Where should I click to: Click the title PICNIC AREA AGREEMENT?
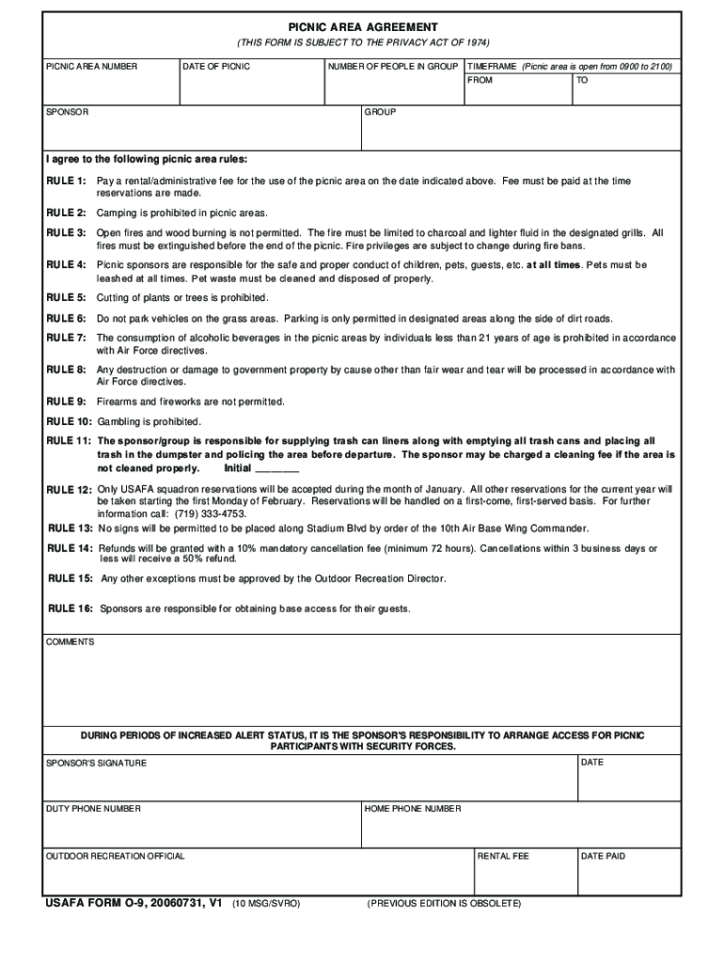point(362,27)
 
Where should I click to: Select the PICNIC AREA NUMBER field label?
point(92,67)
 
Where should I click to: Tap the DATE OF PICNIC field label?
point(216,67)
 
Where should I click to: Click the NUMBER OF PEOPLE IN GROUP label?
point(393,67)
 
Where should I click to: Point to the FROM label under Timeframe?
point(480,81)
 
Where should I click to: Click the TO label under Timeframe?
point(582,81)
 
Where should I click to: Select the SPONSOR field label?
point(68,112)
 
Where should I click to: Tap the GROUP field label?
point(380,112)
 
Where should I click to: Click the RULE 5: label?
point(67,298)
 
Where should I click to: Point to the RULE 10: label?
point(70,421)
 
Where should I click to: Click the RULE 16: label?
point(71,608)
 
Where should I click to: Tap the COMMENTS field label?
point(71,641)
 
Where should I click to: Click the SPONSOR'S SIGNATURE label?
point(96,763)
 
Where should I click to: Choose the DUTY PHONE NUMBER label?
point(93,809)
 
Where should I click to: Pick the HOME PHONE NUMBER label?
point(413,809)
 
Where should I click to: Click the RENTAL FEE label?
point(503,856)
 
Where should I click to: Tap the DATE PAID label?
point(603,856)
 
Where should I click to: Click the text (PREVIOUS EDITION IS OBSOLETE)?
point(444,904)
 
